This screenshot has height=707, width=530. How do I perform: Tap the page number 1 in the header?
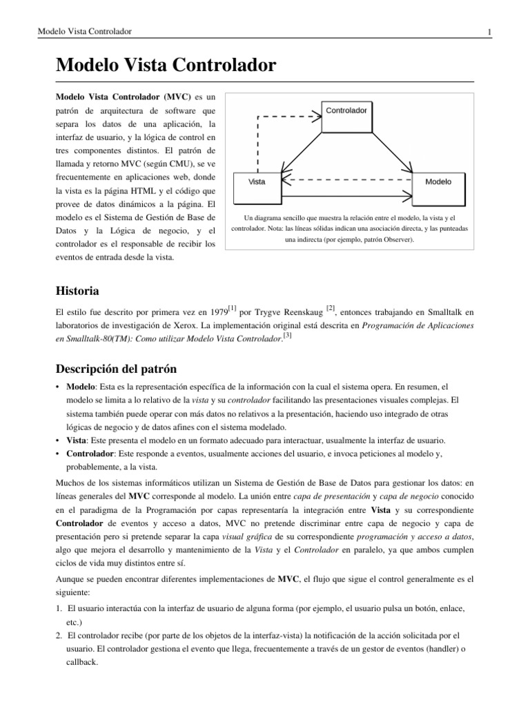(489, 32)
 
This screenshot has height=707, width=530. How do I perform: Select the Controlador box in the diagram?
(346, 110)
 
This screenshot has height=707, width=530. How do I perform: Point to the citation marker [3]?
(288, 336)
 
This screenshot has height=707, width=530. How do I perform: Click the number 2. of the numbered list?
(59, 633)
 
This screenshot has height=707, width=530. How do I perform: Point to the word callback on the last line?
(84, 659)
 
